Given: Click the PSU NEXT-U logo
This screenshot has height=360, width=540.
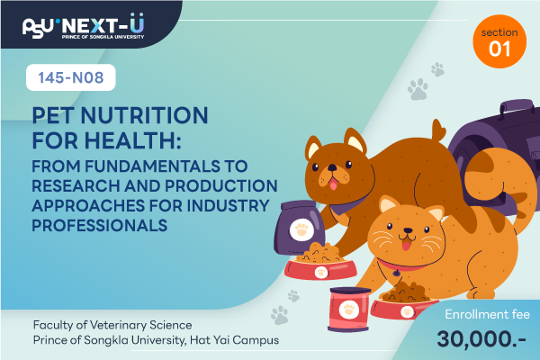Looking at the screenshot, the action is click(83, 26).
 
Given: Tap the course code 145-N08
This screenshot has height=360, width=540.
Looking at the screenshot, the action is click(71, 77).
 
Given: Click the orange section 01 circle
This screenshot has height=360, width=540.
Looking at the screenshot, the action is click(499, 41).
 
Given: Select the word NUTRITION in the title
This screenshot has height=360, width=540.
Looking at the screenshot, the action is click(144, 115).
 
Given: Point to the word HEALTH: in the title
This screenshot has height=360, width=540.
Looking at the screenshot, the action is click(133, 140).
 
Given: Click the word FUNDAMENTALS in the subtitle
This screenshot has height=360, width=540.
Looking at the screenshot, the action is click(152, 166).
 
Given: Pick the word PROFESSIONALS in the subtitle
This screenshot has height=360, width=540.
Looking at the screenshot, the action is click(100, 226).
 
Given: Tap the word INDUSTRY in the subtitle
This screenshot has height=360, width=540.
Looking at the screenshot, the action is click(228, 206).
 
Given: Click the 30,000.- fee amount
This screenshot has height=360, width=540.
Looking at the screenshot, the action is click(481, 338).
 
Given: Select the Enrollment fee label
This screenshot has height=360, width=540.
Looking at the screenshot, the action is click(487, 314).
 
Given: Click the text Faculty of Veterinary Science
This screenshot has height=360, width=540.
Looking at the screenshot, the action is click(112, 325).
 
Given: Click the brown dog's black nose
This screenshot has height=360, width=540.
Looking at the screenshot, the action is click(332, 167).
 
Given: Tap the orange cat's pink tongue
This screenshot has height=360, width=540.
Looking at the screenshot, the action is click(407, 246).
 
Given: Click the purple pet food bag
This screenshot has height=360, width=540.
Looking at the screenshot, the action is click(299, 228).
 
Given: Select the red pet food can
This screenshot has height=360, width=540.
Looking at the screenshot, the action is click(349, 310).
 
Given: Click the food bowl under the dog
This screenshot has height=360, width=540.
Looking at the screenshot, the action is click(320, 269).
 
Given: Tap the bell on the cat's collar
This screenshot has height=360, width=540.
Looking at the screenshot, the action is click(397, 273).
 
